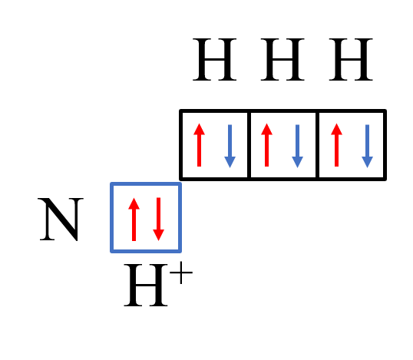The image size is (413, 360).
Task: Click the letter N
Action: [x=61, y=219]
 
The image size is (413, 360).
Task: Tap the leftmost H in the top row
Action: [x=215, y=59]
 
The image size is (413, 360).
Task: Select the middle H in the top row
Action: [x=282, y=59]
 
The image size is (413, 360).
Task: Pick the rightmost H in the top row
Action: [x=351, y=59]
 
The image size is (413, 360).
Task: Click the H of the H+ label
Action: [x=146, y=285]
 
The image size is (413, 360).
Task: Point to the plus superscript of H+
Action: [x=181, y=272]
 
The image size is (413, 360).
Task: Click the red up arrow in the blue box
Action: [x=134, y=219]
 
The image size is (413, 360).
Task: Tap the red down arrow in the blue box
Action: [x=159, y=219]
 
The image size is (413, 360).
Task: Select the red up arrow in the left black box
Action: [x=199, y=145]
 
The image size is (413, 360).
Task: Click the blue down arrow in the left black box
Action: [x=230, y=146]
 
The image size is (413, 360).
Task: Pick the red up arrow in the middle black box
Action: [x=267, y=145]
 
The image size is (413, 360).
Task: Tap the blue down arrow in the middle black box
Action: [x=298, y=146]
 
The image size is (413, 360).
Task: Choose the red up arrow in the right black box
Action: [x=336, y=145]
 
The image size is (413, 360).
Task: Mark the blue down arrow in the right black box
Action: [x=368, y=146]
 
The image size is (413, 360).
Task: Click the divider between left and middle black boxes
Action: [x=249, y=145]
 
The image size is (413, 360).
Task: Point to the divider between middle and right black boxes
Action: [x=317, y=145]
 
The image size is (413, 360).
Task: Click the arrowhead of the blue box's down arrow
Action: [x=159, y=235]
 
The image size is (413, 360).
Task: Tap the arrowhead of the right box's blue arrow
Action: [x=368, y=162]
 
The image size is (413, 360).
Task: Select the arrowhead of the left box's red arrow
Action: [x=199, y=129]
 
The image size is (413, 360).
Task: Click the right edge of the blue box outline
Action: [x=180, y=217]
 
